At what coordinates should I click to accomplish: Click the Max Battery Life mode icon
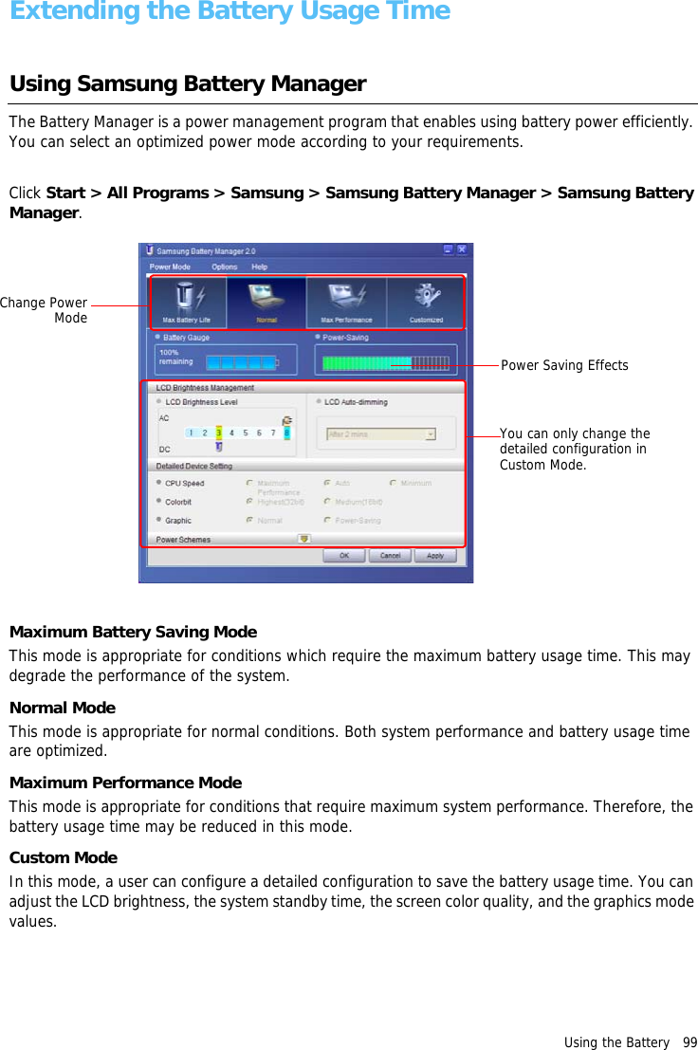pos(186,302)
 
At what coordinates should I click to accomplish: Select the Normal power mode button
pos(266,302)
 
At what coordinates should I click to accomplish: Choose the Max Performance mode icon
pos(346,302)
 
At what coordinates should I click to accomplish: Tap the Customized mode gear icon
pos(426,302)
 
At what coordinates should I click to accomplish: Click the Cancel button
pos(390,556)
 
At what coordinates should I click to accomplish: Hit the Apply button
pos(434,556)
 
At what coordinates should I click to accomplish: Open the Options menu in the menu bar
pos(224,267)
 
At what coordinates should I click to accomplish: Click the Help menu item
pos(259,267)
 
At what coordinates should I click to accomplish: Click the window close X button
pos(462,250)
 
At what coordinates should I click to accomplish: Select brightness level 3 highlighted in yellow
pos(219,433)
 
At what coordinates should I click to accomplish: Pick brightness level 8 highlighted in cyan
pos(286,433)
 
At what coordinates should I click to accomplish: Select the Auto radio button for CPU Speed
pos(327,483)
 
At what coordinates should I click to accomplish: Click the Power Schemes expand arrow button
pos(303,539)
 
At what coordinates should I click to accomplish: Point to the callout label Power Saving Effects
pos(564,366)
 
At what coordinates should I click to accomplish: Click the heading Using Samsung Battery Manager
pos(188,83)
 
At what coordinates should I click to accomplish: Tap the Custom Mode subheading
pos(64,857)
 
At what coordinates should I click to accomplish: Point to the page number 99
pos(689,1042)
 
